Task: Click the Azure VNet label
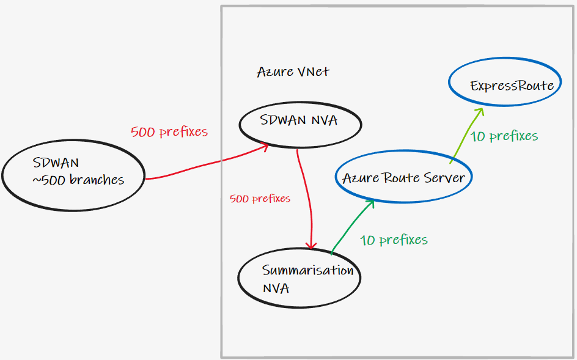(x=293, y=72)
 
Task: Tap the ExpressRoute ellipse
(x=512, y=86)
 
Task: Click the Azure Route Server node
(x=403, y=178)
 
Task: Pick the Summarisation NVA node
(x=298, y=278)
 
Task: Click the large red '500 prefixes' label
(x=169, y=131)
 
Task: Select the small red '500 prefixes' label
(x=260, y=199)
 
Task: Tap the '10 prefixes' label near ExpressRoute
(x=504, y=136)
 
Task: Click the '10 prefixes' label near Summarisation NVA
(x=394, y=240)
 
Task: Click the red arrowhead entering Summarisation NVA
(x=313, y=245)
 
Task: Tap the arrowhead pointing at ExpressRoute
(x=480, y=111)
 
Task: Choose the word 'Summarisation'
(x=307, y=270)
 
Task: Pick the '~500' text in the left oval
(x=46, y=180)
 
